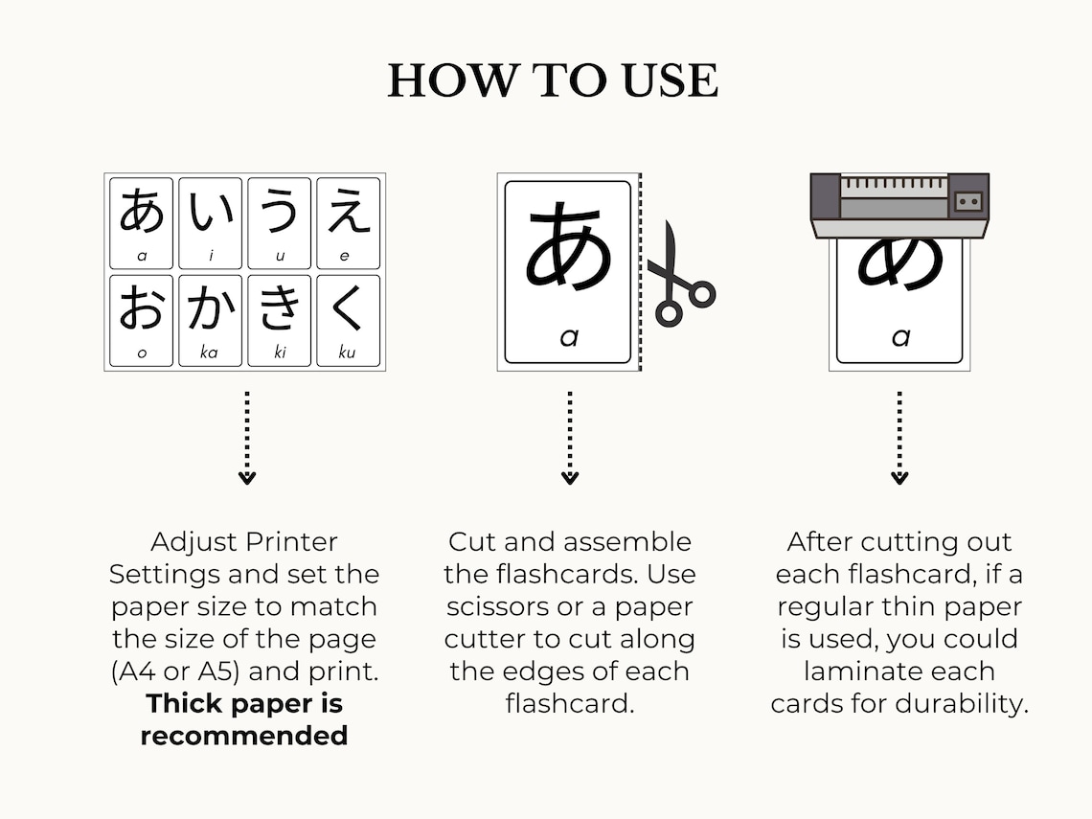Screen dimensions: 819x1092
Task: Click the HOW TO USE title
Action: pyautogui.click(x=553, y=80)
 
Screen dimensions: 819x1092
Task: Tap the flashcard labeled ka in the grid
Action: pyautogui.click(x=211, y=320)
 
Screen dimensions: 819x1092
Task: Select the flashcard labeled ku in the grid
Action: pyautogui.click(x=348, y=320)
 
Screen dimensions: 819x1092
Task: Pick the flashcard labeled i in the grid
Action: pyautogui.click(x=211, y=222)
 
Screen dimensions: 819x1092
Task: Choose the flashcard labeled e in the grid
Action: pyautogui.click(x=348, y=222)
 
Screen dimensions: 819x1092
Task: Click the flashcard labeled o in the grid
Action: pyautogui.click(x=142, y=320)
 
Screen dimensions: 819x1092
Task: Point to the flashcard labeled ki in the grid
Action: pyautogui.click(x=280, y=320)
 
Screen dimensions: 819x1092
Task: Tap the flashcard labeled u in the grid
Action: pyautogui.click(x=280, y=222)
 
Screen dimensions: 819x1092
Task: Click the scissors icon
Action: pyautogui.click(x=679, y=278)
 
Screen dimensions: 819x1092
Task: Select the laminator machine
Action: pyautogui.click(x=899, y=204)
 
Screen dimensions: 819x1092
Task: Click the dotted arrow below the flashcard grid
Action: pyautogui.click(x=246, y=437)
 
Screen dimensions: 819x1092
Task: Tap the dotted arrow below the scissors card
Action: pyautogui.click(x=570, y=437)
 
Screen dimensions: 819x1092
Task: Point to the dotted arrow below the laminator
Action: pyautogui.click(x=899, y=437)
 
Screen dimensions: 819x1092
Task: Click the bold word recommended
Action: pyautogui.click(x=243, y=736)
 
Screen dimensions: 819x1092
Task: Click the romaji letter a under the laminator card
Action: pyautogui.click(x=899, y=337)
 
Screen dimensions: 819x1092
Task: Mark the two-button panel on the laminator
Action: pyautogui.click(x=968, y=200)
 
